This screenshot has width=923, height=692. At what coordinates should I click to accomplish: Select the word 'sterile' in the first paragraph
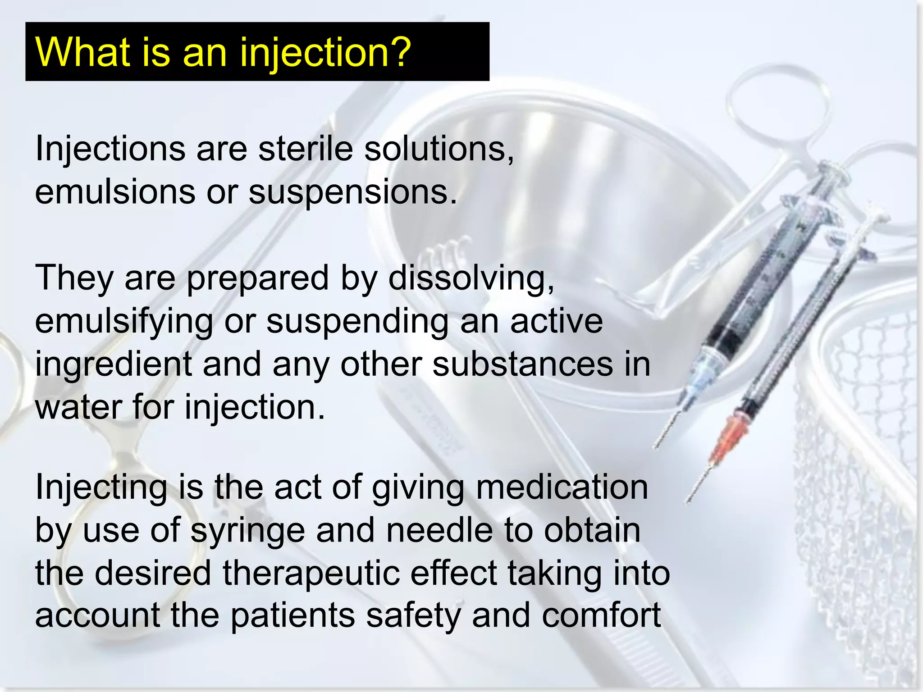click(305, 149)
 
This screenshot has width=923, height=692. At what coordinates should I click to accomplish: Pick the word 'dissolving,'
click(471, 278)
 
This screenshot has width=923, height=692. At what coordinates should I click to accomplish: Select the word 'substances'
click(522, 364)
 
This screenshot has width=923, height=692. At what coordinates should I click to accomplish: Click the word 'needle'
click(439, 530)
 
